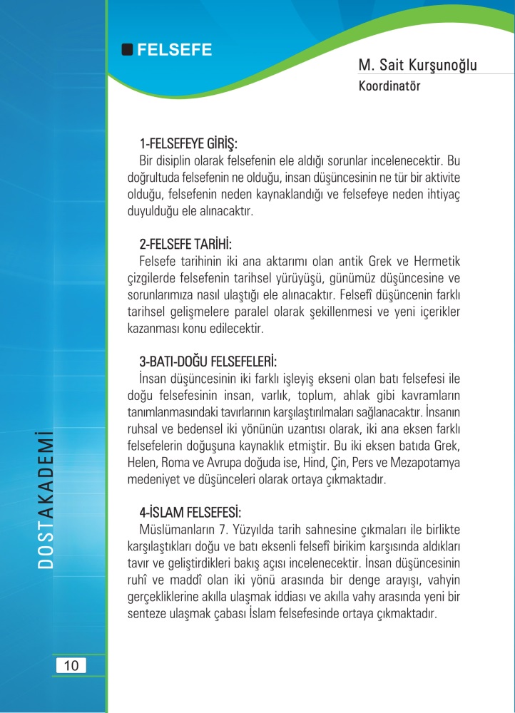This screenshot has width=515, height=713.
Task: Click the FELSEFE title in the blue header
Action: click(174, 50)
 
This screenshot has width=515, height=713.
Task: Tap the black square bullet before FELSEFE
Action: click(128, 50)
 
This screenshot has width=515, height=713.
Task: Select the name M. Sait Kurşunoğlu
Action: click(418, 66)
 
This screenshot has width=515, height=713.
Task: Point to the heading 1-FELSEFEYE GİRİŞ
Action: click(188, 142)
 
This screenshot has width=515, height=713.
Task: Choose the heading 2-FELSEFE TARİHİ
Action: click(185, 245)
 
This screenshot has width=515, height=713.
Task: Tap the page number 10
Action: click(71, 666)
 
